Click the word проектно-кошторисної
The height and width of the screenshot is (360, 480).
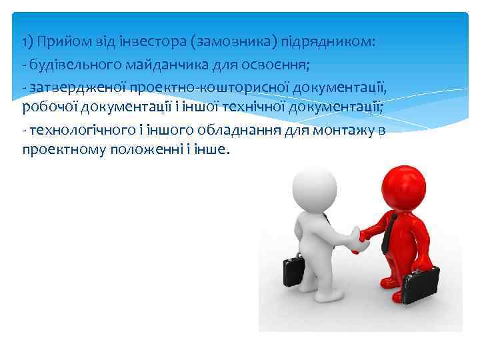[x=197, y=86]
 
